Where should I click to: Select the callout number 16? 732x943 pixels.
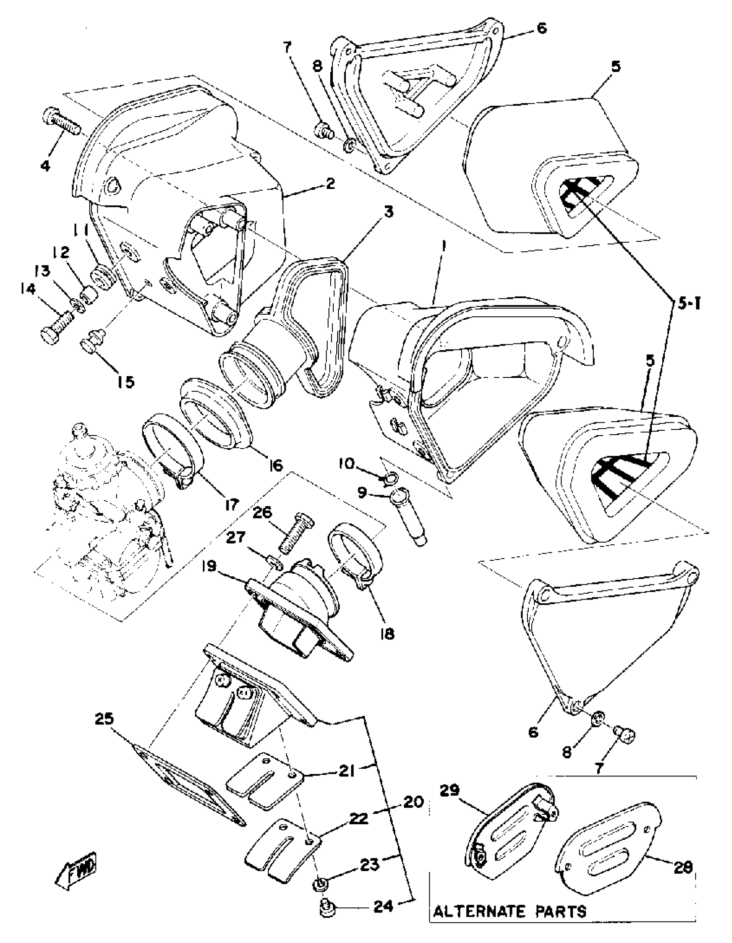click(275, 465)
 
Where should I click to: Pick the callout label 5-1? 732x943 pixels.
click(686, 305)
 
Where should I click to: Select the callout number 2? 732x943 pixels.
click(330, 184)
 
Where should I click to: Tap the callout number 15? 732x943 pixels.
click(126, 381)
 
